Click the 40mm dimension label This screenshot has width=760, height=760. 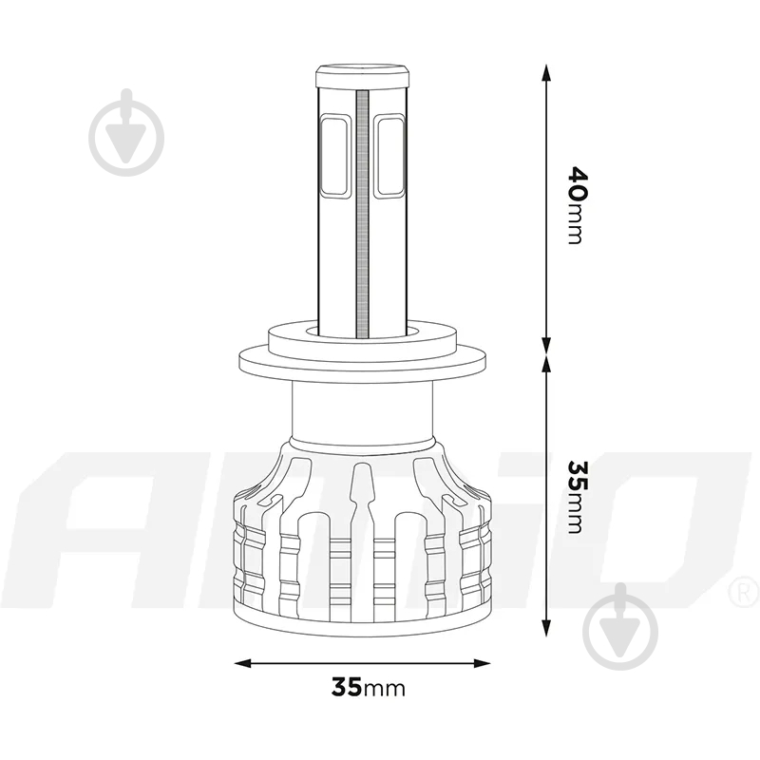578,205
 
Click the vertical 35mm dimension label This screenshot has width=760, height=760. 578,497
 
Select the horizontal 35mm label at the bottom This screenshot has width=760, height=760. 368,687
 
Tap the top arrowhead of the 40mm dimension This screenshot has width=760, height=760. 546,73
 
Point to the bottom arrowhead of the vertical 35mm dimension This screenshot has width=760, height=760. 546,628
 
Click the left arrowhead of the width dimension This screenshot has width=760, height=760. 243,662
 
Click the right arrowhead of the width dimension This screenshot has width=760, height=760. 482,662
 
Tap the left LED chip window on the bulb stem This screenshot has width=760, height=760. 334,156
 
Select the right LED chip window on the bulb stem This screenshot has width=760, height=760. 389,156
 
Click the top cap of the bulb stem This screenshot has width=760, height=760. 363,77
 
